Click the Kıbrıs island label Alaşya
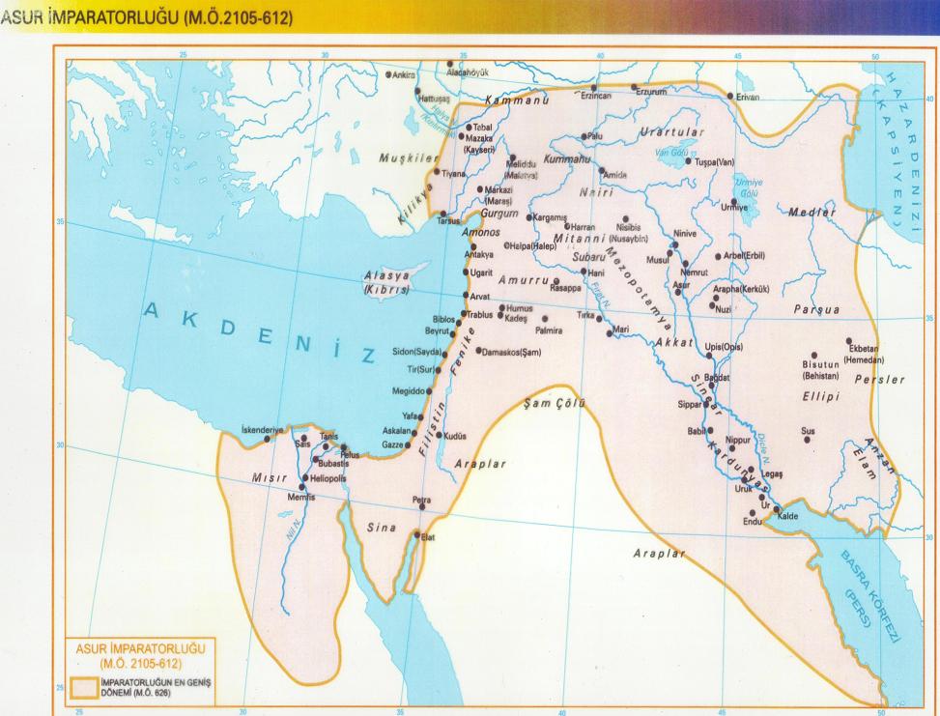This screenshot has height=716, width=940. tap(385, 275)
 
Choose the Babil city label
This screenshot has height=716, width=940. tap(698, 431)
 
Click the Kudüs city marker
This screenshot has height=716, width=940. tap(442, 436)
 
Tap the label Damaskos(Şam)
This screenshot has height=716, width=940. tap(514, 352)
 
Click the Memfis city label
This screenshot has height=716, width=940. tap(302, 496)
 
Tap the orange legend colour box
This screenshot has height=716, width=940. tap(89, 687)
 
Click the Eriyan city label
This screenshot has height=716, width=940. tap(749, 98)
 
